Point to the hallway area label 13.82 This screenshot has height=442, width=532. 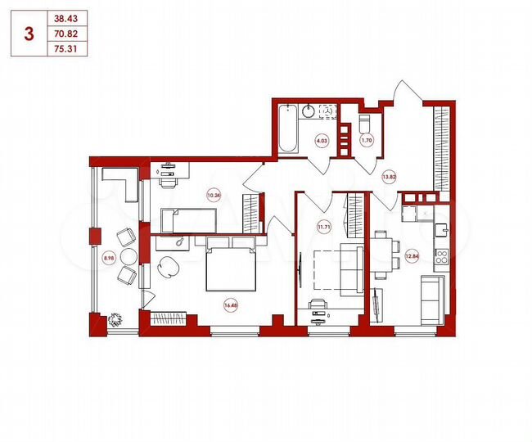click(389, 176)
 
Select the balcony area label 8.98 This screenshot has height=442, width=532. click(108, 258)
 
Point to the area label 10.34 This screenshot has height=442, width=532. click(214, 195)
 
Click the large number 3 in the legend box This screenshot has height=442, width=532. click(30, 34)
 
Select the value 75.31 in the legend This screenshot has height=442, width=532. click(67, 47)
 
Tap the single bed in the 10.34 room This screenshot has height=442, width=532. click(188, 220)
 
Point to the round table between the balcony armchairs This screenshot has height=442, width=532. click(117, 255)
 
